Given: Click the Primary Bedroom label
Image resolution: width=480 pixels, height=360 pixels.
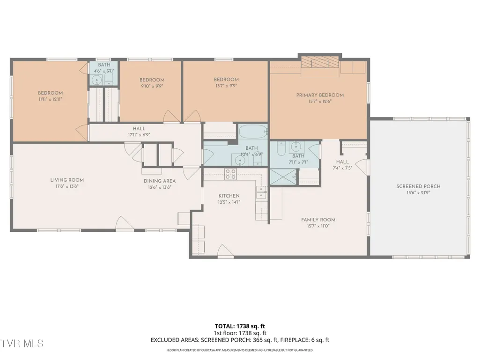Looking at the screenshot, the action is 320,95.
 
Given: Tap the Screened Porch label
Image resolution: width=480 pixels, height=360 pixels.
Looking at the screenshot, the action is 418,186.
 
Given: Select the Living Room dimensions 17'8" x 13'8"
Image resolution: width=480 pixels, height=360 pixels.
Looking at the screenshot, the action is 67,186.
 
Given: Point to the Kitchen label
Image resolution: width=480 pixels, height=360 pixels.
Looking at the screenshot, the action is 229,196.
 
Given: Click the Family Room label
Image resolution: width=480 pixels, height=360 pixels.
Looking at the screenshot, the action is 318,220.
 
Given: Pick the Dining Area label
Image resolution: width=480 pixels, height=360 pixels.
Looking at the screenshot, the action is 160,181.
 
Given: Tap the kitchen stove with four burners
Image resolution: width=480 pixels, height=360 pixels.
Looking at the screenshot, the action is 230,174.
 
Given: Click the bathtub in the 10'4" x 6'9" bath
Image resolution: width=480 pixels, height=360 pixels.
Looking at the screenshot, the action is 253,132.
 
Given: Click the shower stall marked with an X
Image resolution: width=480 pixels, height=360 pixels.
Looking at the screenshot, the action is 283,176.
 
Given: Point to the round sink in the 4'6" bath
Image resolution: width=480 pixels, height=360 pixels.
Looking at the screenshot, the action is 97,80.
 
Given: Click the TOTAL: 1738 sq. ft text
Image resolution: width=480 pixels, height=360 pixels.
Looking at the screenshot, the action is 240,326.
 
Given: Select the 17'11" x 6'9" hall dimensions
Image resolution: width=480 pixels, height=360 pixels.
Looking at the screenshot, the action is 139,135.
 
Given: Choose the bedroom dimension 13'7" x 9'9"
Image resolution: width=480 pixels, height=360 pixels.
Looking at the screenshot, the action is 226,86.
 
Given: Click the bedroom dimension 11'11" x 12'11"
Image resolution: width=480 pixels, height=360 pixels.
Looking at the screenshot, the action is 50,99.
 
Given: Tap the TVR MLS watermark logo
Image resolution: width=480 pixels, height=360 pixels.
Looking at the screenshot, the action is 22,343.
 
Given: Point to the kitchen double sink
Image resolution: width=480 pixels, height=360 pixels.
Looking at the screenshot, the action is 261,192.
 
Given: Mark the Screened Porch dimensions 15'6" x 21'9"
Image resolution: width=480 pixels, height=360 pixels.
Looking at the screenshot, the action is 418,192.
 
